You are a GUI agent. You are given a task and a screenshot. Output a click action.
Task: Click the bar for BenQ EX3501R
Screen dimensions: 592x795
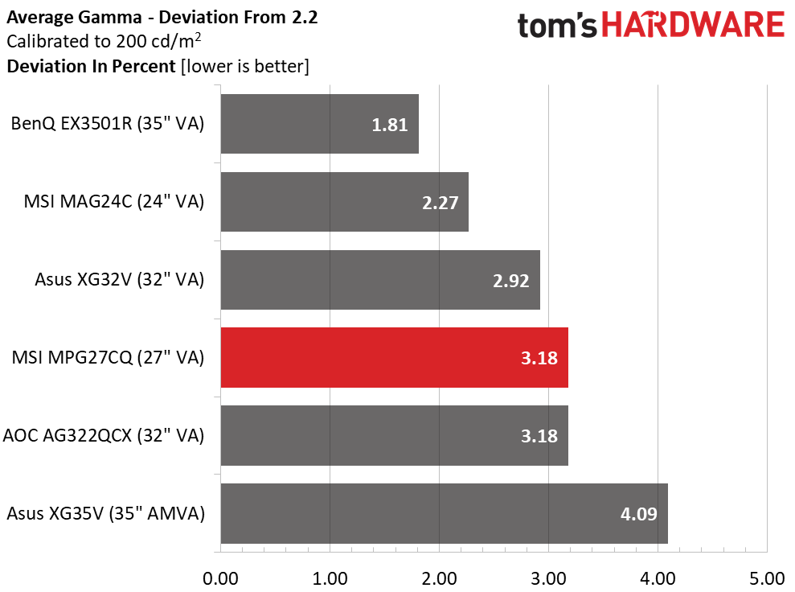[x=319, y=124]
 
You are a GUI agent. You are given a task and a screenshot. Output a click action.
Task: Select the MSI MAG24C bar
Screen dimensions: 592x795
[x=344, y=202]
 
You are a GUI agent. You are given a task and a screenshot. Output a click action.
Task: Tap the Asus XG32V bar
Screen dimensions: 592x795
[x=379, y=280]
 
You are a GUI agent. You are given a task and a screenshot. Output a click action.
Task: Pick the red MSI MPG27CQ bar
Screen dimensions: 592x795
[x=394, y=358]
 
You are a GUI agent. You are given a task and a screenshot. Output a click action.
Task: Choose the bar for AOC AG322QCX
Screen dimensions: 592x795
[x=394, y=435]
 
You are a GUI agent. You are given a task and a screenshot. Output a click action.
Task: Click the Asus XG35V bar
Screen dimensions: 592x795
[x=444, y=513]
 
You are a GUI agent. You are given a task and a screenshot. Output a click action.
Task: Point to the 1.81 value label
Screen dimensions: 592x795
[x=390, y=125]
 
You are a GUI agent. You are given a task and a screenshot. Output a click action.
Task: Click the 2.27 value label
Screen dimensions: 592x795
[x=439, y=203]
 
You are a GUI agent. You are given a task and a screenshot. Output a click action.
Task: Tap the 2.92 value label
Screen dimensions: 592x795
[x=510, y=281]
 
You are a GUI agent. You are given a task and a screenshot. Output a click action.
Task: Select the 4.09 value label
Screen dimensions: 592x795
[x=638, y=514]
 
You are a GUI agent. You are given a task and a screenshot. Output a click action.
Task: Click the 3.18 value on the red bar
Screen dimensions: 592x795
[x=539, y=359]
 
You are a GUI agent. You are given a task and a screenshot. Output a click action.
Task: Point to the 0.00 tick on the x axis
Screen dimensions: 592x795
[x=220, y=578]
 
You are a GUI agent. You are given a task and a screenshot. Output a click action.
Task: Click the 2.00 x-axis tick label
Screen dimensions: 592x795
[x=439, y=578]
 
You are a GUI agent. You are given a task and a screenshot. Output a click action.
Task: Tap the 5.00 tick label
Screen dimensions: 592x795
[x=767, y=578]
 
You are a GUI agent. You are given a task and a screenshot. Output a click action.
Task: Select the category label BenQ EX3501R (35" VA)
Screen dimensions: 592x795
[x=108, y=125]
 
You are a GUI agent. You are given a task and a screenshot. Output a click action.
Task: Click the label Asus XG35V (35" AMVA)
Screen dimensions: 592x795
[x=104, y=514]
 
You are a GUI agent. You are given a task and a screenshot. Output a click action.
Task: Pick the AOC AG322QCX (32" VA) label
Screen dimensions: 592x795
[x=104, y=436]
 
